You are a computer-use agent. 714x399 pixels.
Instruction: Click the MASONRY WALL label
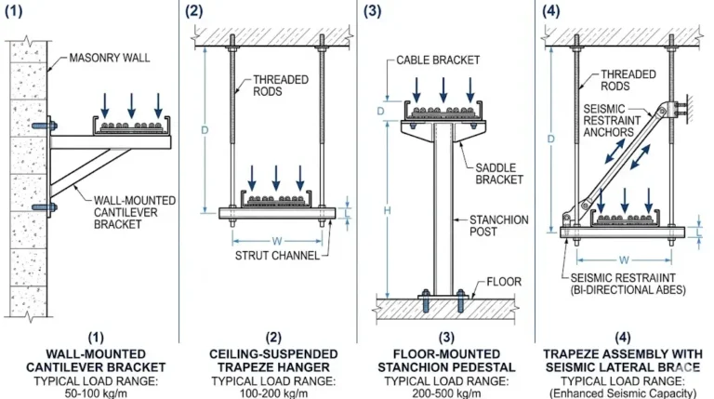click(105, 58)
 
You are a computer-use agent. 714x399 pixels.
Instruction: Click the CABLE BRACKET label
click(438, 60)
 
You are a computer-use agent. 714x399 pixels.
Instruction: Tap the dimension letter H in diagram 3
click(387, 211)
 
